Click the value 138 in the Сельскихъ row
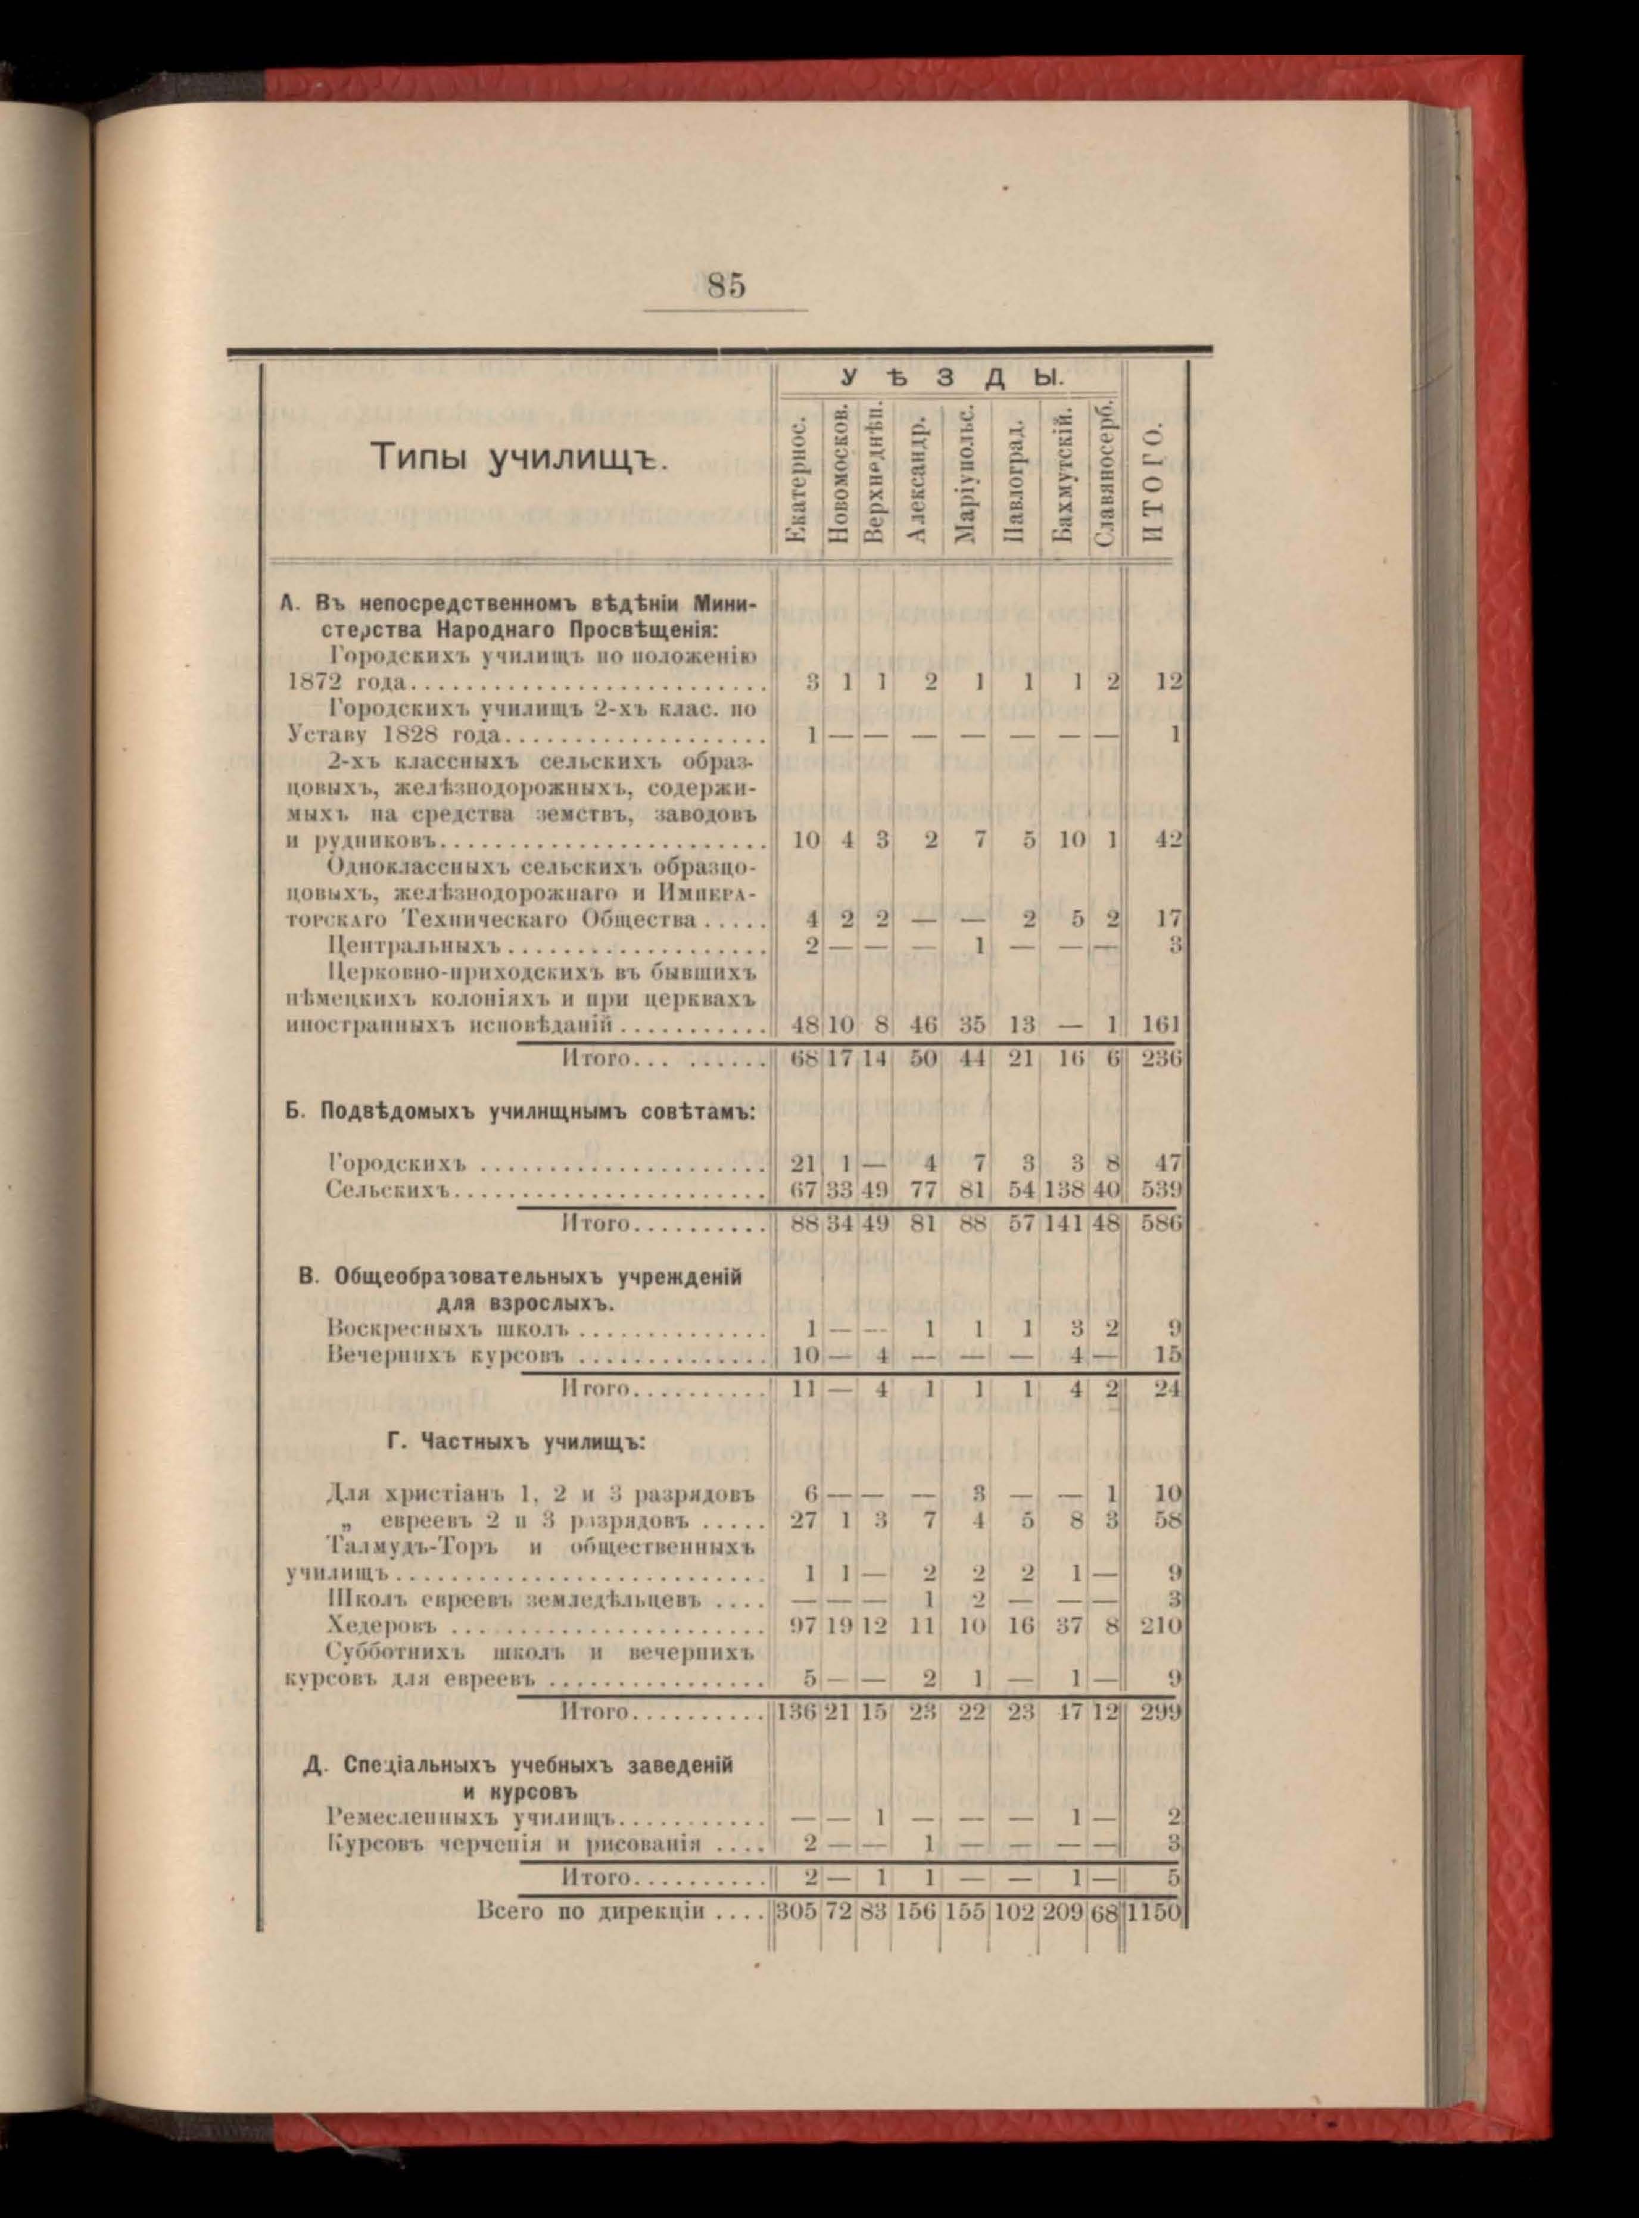click(x=1062, y=1188)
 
